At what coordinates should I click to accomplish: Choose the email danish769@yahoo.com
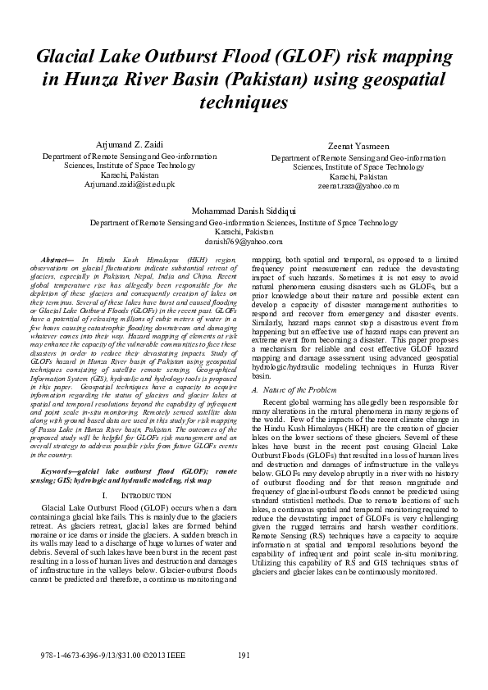coord(243,242)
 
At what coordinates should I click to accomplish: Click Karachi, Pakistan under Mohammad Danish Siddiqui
coord(243,232)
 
